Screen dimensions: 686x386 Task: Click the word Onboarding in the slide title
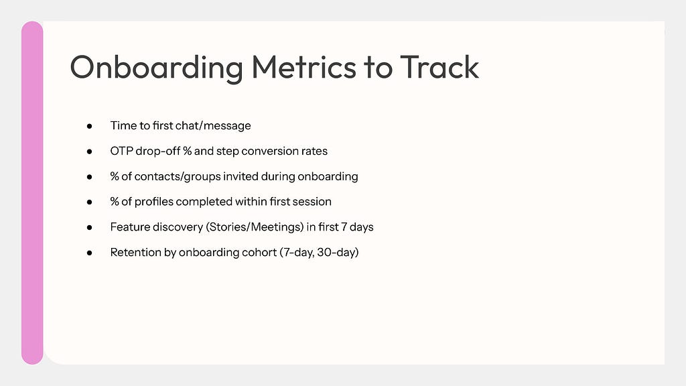(156, 68)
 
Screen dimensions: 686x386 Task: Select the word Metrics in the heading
(303, 67)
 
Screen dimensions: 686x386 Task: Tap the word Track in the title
(439, 67)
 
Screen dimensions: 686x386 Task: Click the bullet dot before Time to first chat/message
(89, 126)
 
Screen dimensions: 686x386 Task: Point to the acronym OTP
(121, 151)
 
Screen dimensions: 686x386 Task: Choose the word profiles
(153, 202)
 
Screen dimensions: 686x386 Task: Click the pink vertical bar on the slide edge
(32, 192)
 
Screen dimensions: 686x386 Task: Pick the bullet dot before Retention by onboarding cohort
(89, 253)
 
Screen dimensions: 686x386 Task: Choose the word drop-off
(157, 151)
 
